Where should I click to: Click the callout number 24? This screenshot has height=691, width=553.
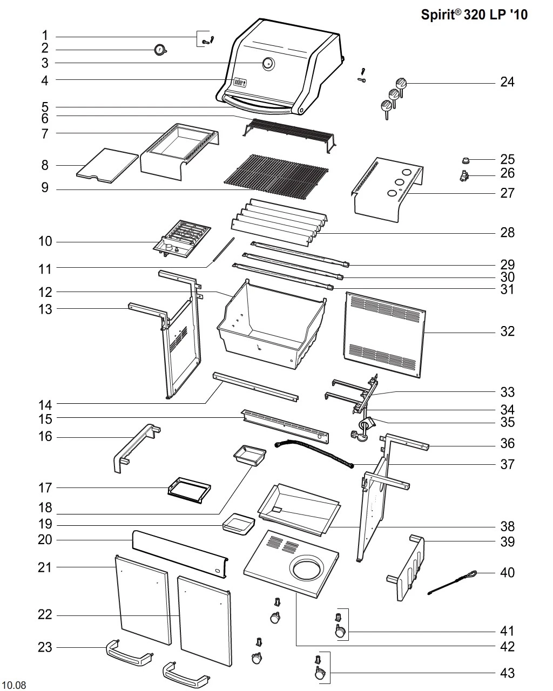507,82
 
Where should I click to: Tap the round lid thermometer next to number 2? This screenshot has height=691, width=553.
160,50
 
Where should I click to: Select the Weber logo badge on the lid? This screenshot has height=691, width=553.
239,83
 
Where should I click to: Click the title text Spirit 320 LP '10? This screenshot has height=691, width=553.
474,15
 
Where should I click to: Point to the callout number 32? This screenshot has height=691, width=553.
507,331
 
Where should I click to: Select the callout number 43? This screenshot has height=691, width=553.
507,673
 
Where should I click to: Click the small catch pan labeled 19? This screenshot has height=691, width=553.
238,524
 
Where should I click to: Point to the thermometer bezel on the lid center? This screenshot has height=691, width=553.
268,64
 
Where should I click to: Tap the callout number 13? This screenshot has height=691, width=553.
45,309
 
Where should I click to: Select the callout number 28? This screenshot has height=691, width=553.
507,233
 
